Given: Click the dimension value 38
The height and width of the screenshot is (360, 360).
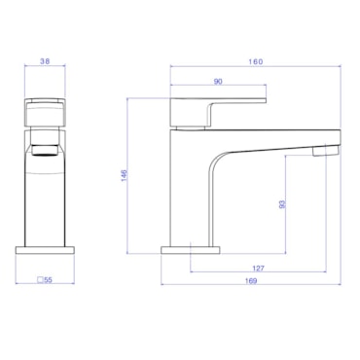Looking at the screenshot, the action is point(45,61).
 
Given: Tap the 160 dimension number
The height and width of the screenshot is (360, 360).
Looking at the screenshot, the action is point(256,61).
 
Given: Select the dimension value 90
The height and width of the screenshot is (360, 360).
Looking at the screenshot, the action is point(218,82).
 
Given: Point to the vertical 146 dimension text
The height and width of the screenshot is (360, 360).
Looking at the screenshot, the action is point(125,175).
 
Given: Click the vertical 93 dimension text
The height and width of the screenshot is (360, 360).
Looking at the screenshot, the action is point(282,204).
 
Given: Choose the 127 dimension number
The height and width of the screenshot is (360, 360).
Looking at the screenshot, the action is point(258,269).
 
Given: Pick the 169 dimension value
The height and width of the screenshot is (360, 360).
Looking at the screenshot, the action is point(251,281).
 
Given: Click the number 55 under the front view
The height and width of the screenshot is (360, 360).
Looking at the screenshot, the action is point(48,280).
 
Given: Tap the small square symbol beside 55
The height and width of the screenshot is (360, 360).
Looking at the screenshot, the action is point(40,280).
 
